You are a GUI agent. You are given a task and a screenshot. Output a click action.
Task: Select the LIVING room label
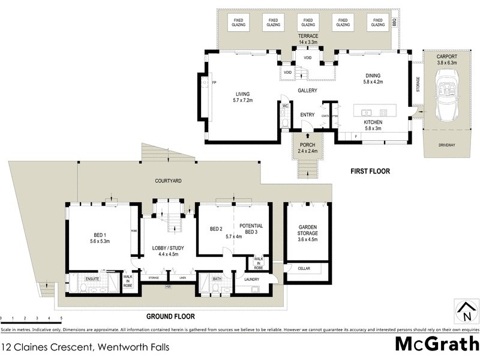(x=243, y=94)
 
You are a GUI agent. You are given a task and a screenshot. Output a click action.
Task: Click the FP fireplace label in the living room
(x=214, y=82)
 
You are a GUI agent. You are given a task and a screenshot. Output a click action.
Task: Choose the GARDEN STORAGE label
(x=308, y=230)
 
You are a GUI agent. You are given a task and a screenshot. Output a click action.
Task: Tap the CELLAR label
(x=304, y=268)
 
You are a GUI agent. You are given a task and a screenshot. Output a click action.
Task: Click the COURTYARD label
(x=169, y=181)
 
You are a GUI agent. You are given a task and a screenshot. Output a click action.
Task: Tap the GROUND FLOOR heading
(x=170, y=316)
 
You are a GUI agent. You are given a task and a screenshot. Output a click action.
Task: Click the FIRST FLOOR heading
(x=370, y=172)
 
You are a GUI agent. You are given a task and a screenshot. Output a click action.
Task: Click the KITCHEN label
(x=373, y=122)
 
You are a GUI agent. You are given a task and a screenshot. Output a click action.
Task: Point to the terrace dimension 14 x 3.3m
(x=308, y=43)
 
